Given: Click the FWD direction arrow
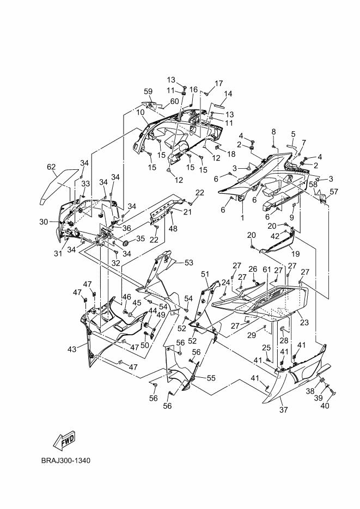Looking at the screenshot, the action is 64,440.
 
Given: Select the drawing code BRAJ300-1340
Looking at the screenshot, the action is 65,461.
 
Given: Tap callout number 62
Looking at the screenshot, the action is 51,167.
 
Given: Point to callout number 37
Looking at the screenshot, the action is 283,410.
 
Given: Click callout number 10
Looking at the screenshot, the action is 140,112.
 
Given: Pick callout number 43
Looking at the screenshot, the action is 72,349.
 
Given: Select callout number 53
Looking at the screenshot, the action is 188,262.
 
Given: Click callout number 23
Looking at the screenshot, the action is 304,322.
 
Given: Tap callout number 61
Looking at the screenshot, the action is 266,269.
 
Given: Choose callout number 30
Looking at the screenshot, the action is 44,222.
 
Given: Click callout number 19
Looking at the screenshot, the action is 295,254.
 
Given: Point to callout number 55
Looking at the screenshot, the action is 211,378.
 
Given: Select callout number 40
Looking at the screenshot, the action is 325,406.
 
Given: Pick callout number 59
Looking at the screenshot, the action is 148,91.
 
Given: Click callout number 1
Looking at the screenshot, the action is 242,218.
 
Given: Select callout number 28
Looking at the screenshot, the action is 284,341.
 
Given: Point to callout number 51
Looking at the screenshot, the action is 205,274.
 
